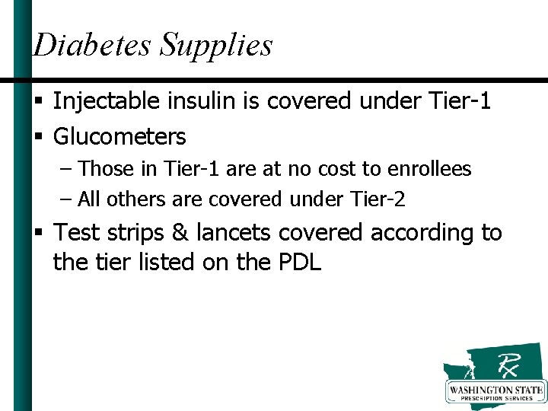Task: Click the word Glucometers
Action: pyautogui.click(x=119, y=137)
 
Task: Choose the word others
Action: pyautogui.click(x=131, y=199)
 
